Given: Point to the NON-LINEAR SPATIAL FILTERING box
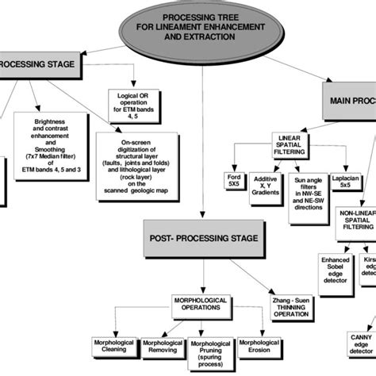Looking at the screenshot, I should click(354, 223).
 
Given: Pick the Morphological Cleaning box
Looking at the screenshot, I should click(110, 347).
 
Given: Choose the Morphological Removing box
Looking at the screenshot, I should click(163, 347).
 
